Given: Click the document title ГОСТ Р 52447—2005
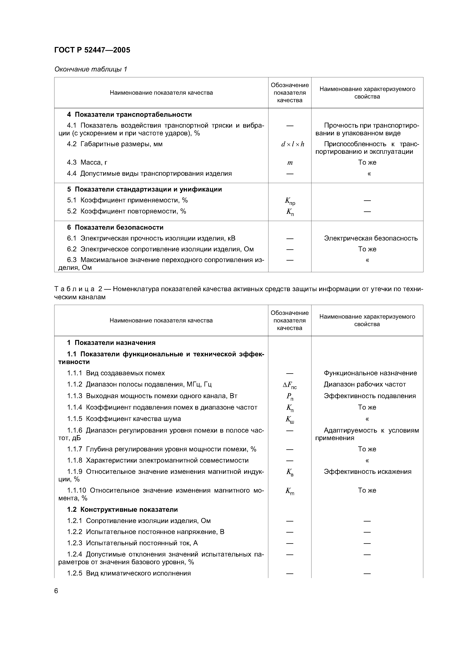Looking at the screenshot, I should coord(92,50).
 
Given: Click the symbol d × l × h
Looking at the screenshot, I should coord(293,144).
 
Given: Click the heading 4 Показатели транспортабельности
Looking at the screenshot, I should coord(129,115).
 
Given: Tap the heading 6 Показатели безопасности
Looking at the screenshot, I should coord(115,227).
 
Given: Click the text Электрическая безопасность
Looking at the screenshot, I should coord(370,238).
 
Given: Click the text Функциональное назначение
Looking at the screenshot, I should coord(370,373).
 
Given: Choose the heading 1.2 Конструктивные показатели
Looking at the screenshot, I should coord(122,510).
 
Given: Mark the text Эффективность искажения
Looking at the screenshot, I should coord(368,472).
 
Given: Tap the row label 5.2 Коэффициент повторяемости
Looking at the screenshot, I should coord(127,211).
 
